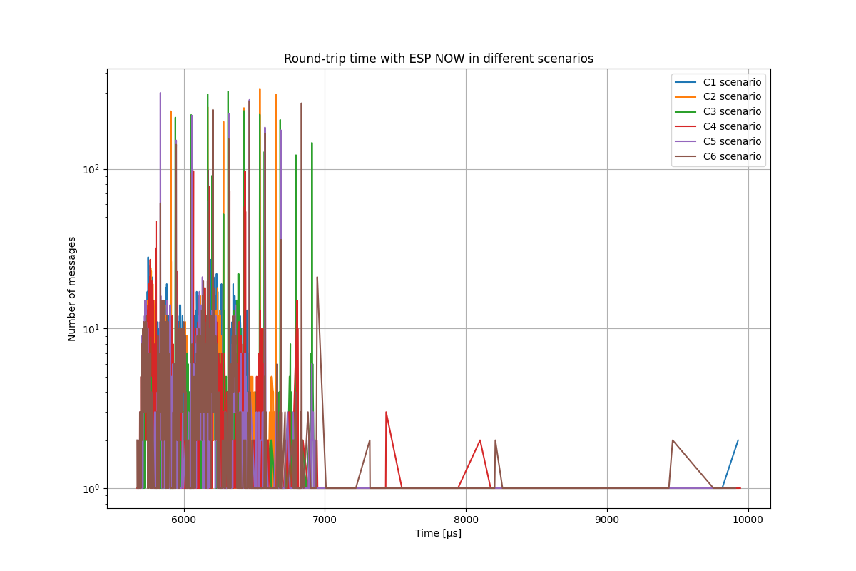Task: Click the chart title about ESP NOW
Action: click(438, 59)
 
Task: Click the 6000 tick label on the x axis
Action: click(184, 520)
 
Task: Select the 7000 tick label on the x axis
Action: click(325, 520)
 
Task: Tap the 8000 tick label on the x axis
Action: click(466, 520)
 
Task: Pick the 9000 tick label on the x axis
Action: click(607, 520)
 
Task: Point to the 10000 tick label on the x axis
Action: click(748, 520)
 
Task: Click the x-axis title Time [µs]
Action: click(438, 534)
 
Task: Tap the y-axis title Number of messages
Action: click(72, 288)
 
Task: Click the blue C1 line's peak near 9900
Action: click(738, 440)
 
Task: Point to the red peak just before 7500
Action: click(386, 413)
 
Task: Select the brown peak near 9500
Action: click(672, 440)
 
